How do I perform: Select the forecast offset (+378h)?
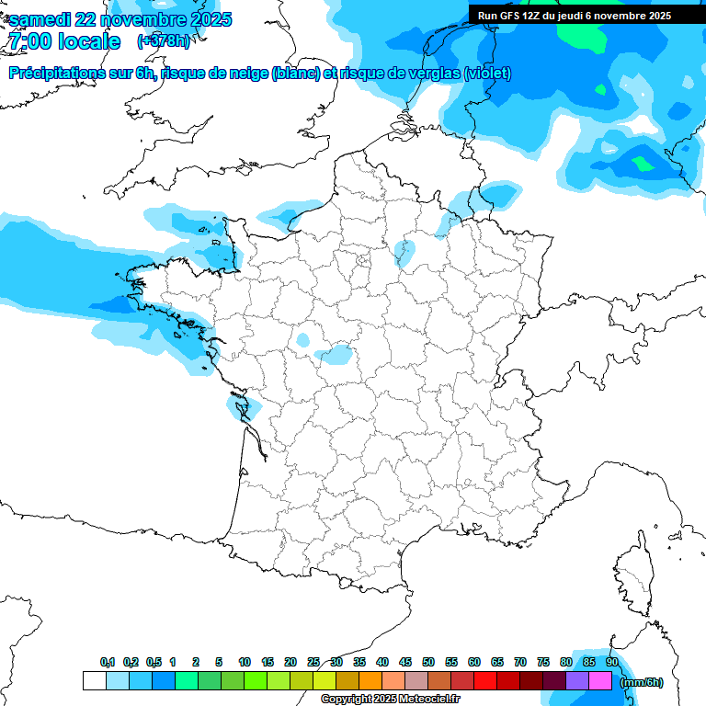pyautogui.click(x=163, y=41)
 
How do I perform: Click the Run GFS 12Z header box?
pyautogui.click(x=574, y=15)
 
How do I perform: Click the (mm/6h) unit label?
pyautogui.click(x=641, y=682)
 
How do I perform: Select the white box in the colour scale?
pyautogui.click(x=94, y=681)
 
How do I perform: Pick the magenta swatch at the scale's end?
pyautogui.click(x=600, y=681)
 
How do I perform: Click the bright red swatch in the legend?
pyautogui.click(x=485, y=681)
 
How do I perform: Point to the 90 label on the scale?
pyautogui.click(x=611, y=662)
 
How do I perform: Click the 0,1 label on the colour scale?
pyautogui.click(x=107, y=662)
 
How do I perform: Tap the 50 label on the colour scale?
pyautogui.click(x=428, y=662)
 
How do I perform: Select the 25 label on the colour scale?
pyautogui.click(x=313, y=662)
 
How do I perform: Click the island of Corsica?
pyautogui.click(x=632, y=575)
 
